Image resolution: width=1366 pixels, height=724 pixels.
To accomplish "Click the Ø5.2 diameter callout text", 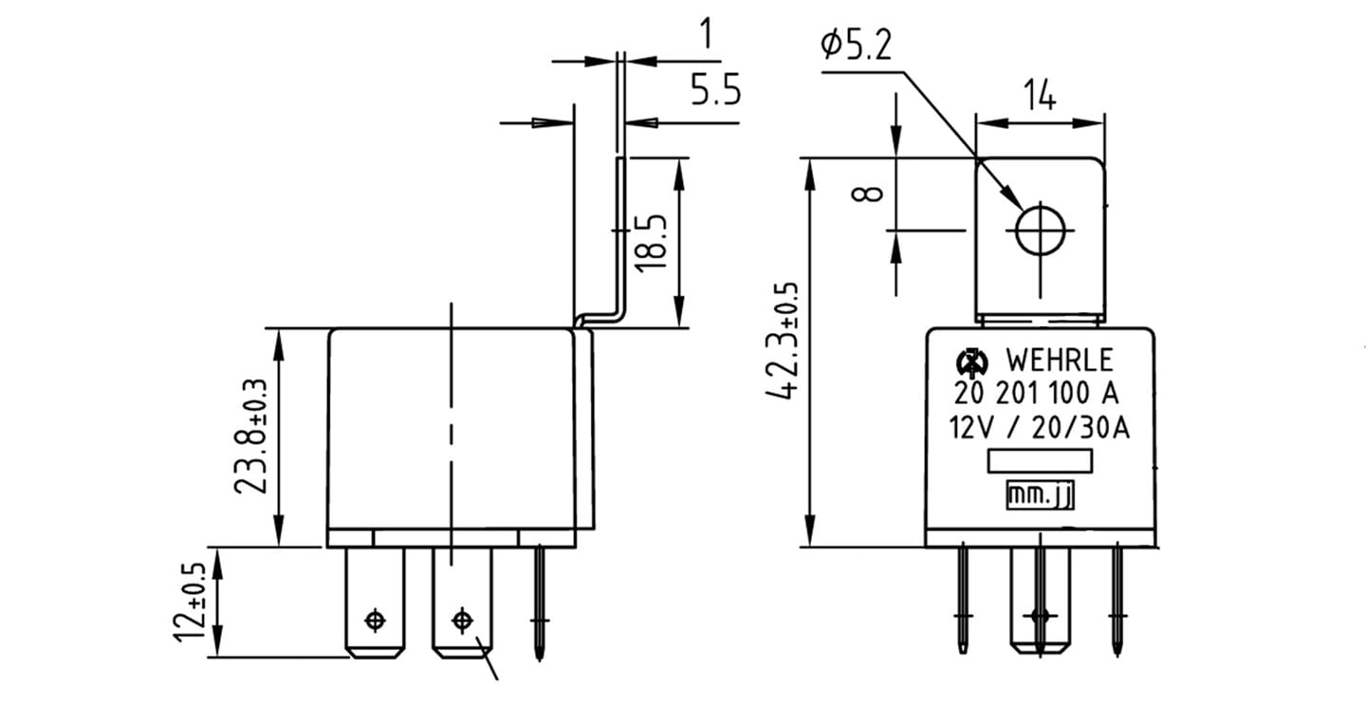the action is [856, 45].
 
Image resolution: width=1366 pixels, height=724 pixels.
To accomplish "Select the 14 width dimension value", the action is [1039, 95].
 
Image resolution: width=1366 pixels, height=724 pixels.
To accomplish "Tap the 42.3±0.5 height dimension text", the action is [782, 341].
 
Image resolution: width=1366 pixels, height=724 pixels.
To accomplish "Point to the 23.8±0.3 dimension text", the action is [250, 436].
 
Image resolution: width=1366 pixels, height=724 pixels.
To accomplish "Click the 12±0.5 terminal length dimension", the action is [190, 602].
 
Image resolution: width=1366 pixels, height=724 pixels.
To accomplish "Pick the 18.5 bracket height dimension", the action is [651, 243].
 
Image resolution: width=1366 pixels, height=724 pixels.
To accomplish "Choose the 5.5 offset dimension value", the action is [715, 89].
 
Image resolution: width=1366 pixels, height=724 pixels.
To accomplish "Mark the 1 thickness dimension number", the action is [706, 33].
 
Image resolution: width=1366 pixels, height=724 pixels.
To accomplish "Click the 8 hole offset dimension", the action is [867, 194].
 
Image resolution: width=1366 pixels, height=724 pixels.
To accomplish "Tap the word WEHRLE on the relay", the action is [1060, 361].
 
